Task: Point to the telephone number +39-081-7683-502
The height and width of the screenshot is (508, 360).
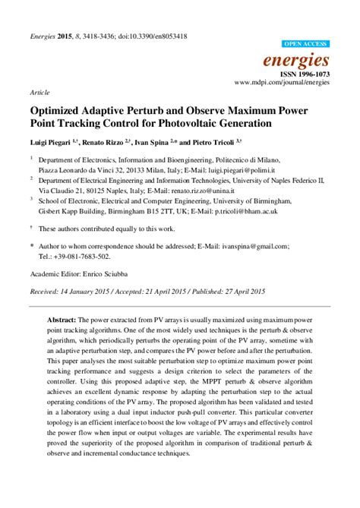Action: click(77, 257)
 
